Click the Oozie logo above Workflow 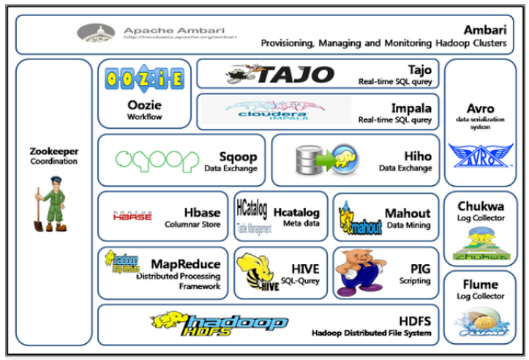tap(144, 78)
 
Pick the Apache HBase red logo tap(132, 216)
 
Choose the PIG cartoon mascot tap(359, 271)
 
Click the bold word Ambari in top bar tap(485, 30)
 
